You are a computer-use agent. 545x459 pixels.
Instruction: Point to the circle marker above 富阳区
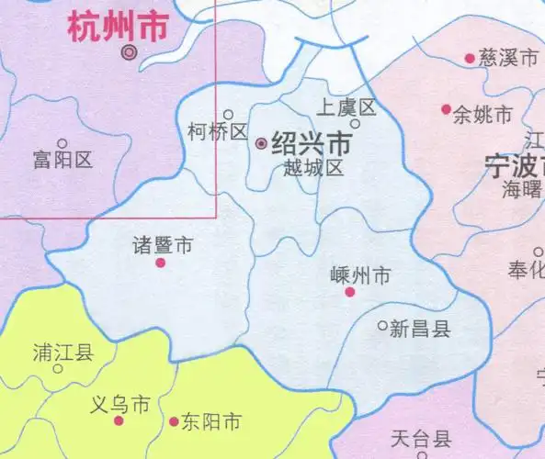(x=62, y=143)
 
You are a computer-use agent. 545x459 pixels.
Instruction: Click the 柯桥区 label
(x=217, y=132)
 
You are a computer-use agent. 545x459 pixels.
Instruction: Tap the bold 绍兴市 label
(x=312, y=144)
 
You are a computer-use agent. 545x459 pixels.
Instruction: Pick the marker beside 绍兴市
(x=261, y=144)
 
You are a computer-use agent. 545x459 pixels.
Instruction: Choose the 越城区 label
(x=312, y=169)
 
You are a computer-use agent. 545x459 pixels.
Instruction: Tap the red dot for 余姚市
(x=447, y=109)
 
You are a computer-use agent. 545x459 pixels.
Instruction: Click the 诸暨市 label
(x=163, y=245)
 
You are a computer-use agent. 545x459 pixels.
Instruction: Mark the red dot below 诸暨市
(x=160, y=263)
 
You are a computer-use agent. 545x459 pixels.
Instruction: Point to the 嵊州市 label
(x=360, y=274)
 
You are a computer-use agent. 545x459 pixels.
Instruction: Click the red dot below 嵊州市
(x=349, y=292)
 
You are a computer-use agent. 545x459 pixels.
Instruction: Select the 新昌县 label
(x=420, y=329)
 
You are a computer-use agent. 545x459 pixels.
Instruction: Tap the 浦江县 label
(x=62, y=352)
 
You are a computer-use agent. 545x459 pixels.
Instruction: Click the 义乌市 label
(x=122, y=404)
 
